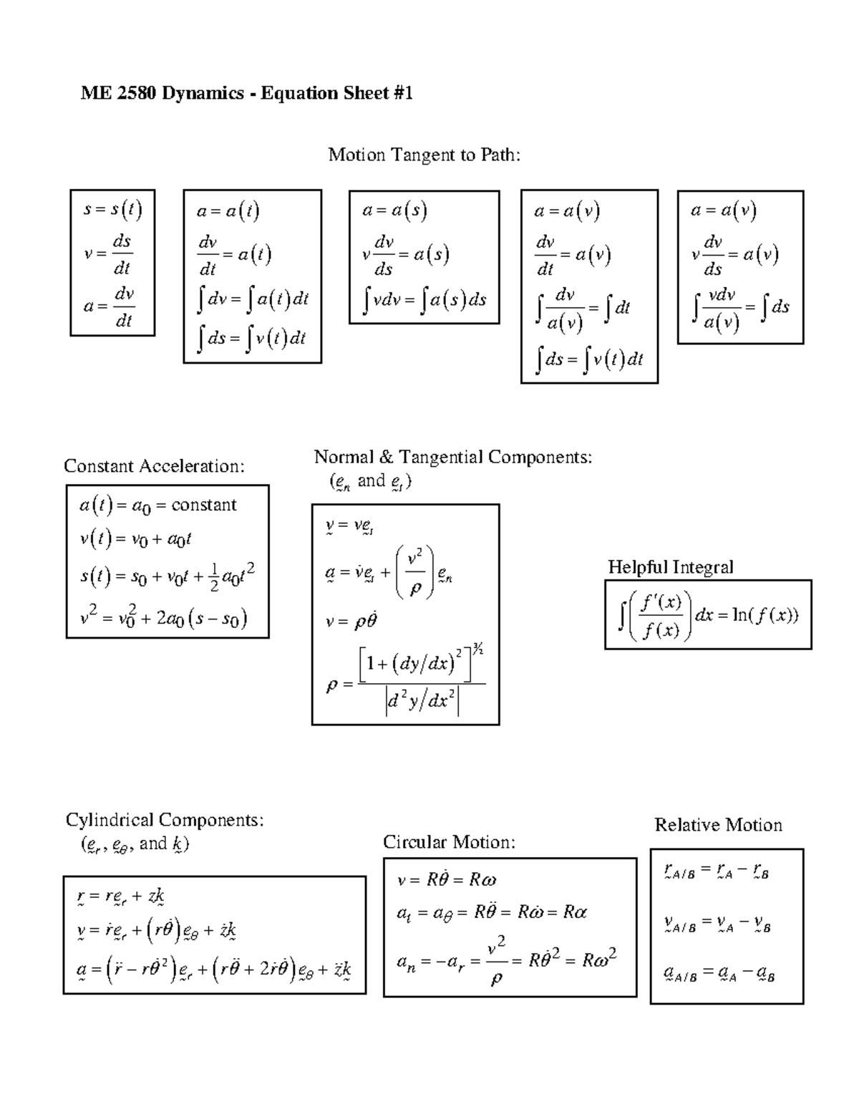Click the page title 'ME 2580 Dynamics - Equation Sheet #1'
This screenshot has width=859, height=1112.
point(247,93)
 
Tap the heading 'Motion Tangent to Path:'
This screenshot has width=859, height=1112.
point(424,155)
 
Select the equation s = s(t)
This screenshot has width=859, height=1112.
point(112,210)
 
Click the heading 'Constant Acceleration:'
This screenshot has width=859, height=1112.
point(154,466)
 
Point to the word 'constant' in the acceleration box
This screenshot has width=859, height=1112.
point(203,505)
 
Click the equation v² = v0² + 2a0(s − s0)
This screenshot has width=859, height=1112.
point(163,617)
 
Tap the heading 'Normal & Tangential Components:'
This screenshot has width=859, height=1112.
point(453,457)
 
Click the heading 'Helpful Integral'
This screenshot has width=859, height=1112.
point(671,567)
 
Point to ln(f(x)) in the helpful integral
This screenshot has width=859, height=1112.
point(766,615)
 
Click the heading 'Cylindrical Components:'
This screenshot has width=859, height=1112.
point(165,819)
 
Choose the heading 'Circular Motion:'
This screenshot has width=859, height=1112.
point(449,842)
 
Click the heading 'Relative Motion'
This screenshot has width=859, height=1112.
point(718,825)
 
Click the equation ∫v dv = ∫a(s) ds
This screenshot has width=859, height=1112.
point(424,300)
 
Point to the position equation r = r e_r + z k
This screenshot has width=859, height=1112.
point(122,896)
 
